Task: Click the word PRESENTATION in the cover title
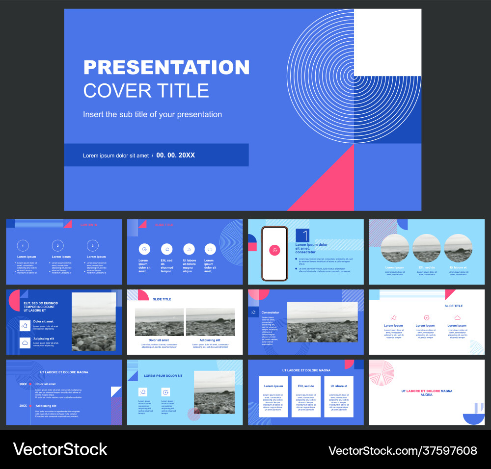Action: pyautogui.click(x=166, y=68)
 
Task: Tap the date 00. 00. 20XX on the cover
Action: pyautogui.click(x=176, y=156)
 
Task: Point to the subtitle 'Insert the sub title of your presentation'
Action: pyautogui.click(x=152, y=114)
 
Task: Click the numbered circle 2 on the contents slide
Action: pyautogui.click(x=57, y=245)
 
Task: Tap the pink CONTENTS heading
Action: pyautogui.click(x=89, y=225)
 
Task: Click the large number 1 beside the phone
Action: pyautogui.click(x=302, y=235)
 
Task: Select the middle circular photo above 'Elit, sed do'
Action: pyautogui.click(x=426, y=248)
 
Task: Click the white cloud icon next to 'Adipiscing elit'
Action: pyautogui.click(x=25, y=343)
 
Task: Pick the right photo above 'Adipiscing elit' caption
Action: pyautogui.click(x=210, y=322)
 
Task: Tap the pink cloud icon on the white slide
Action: pyautogui.click(x=457, y=317)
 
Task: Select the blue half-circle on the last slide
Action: pyautogui.click(x=474, y=418)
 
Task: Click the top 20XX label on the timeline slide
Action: pyautogui.click(x=23, y=384)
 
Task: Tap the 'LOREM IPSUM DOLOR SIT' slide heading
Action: pyautogui.click(x=163, y=376)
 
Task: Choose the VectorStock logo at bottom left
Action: pyautogui.click(x=60, y=449)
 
